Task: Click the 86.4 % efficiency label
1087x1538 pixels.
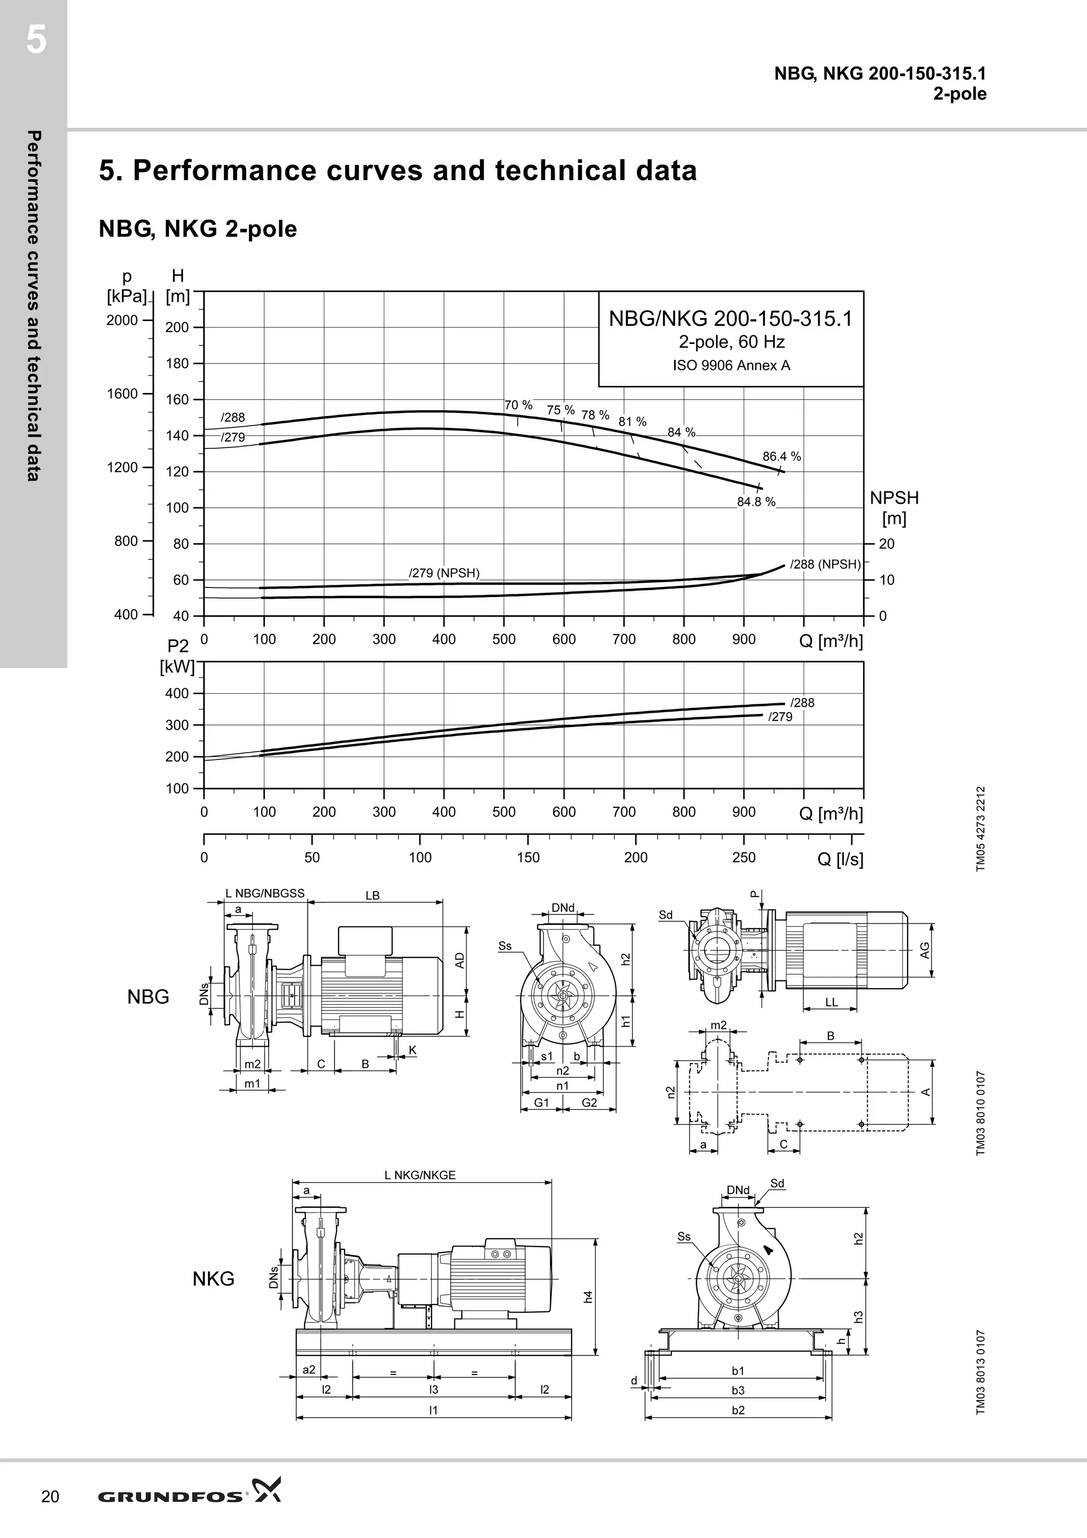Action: point(781,457)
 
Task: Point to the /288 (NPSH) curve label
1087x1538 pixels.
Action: point(825,565)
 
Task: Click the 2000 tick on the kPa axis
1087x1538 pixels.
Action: point(122,320)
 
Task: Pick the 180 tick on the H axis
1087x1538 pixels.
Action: point(177,364)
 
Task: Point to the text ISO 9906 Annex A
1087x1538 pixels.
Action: point(731,366)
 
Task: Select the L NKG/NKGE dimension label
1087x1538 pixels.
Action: point(420,1175)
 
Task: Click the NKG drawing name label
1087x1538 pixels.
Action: point(214,1279)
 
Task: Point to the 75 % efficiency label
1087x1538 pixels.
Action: point(560,410)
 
